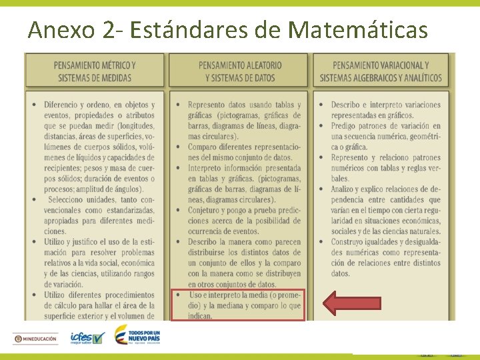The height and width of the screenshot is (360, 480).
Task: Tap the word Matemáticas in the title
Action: [358, 29]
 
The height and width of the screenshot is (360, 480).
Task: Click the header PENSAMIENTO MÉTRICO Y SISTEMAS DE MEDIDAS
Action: [94, 71]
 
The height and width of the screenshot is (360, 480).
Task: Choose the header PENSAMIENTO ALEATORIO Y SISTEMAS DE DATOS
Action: [239, 71]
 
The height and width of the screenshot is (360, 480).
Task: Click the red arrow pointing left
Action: [352, 304]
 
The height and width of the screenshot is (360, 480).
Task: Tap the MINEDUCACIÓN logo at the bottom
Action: [37, 339]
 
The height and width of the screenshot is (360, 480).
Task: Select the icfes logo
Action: [87, 338]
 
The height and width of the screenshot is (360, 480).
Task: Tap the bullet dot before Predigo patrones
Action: [322, 126]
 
